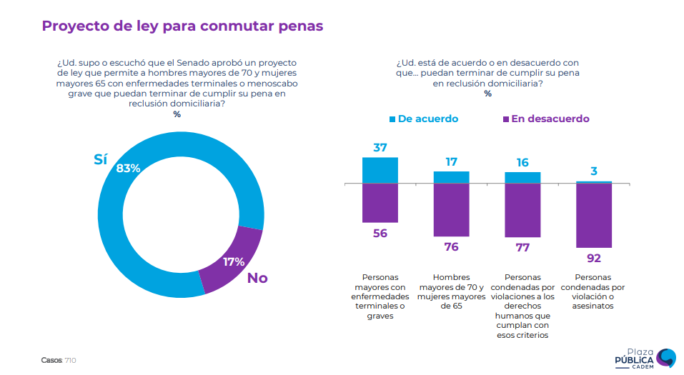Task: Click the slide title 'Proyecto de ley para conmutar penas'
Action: pos(182,26)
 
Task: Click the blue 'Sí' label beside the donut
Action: pos(101,160)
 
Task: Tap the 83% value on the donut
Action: pos(128,169)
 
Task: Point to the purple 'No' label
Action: pos(257,278)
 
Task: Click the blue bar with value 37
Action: pos(380,170)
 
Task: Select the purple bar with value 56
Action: pos(380,202)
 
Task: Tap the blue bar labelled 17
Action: pos(451,177)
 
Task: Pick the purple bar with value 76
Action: pos(451,210)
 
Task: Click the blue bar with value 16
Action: pos(522,178)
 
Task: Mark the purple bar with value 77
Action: pos(522,210)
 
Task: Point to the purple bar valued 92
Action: pos(594,216)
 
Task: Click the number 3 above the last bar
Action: pos(594,171)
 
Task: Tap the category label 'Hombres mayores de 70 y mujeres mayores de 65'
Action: pos(451,291)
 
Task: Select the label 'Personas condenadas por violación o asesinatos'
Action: pos(594,291)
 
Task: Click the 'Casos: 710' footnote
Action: pos(59,360)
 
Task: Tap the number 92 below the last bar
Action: pos(594,258)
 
